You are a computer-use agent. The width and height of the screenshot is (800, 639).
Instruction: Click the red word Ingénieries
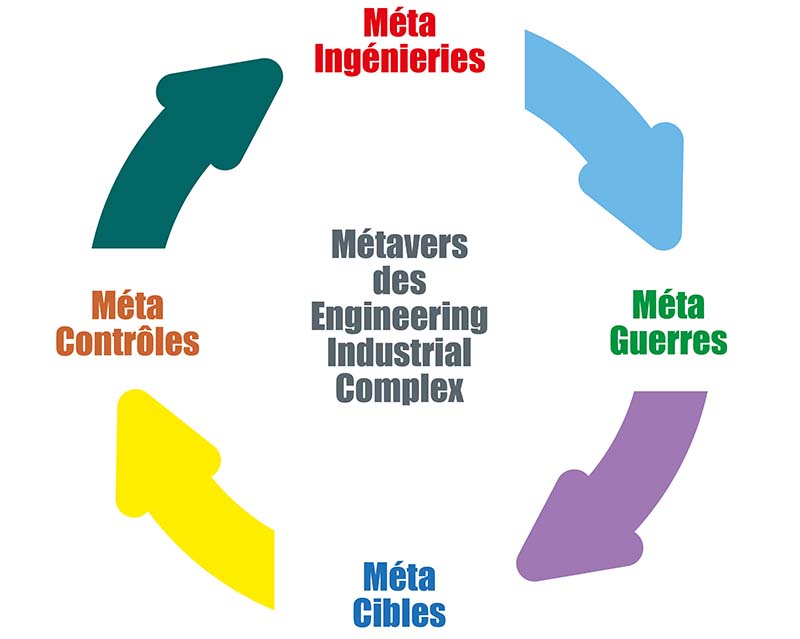click(x=400, y=58)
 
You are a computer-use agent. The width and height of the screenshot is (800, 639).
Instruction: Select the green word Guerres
click(x=668, y=340)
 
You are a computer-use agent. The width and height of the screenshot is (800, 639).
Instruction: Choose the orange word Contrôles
click(x=128, y=341)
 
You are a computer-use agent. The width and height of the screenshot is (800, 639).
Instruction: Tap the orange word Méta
click(x=127, y=305)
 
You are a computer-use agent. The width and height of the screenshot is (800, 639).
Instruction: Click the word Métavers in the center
click(x=399, y=244)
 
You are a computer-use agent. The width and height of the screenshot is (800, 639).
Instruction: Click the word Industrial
click(x=399, y=353)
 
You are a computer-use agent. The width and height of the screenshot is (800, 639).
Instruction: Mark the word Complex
click(x=399, y=388)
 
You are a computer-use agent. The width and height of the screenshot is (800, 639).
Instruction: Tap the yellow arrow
click(x=200, y=500)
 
